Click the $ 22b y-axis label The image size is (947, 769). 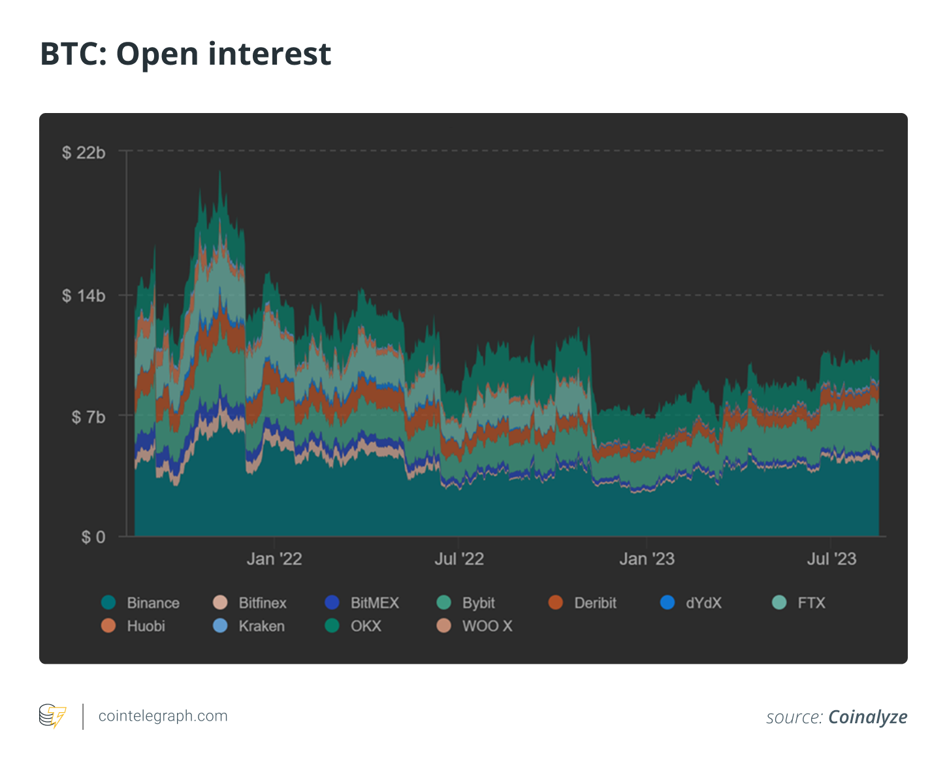(83, 153)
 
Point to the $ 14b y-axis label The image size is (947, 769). (83, 296)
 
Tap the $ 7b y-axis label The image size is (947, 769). (88, 417)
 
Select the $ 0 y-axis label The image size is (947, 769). (93, 537)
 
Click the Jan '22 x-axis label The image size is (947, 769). (274, 559)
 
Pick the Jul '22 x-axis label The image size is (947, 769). (459, 559)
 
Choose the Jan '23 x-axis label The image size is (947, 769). (647, 559)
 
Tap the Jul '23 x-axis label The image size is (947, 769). (831, 559)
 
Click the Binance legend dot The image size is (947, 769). (109, 602)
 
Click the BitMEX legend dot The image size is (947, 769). (332, 602)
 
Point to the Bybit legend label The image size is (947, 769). (478, 603)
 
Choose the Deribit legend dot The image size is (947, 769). (556, 602)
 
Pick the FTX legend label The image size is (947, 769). (811, 603)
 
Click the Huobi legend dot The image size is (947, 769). (109, 626)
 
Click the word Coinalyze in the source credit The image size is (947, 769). (867, 717)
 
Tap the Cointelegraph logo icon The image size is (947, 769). (52, 716)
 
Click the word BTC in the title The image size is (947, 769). (71, 54)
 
